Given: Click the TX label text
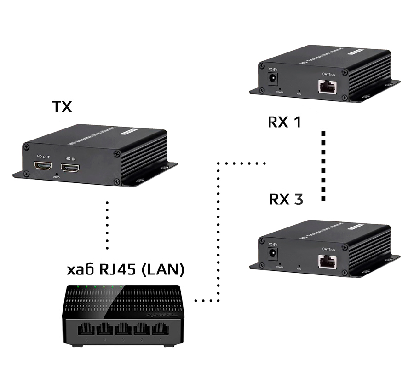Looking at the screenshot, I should coord(62,107).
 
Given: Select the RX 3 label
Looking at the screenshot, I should coord(286,199).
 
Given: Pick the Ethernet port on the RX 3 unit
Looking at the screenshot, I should coord(327,261).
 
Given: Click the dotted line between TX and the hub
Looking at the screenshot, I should coord(107,225).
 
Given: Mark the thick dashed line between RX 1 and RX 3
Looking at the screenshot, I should coord(323,166).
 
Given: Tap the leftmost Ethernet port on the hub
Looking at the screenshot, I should coord(86,330).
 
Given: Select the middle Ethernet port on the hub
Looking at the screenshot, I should coord(123,330).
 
